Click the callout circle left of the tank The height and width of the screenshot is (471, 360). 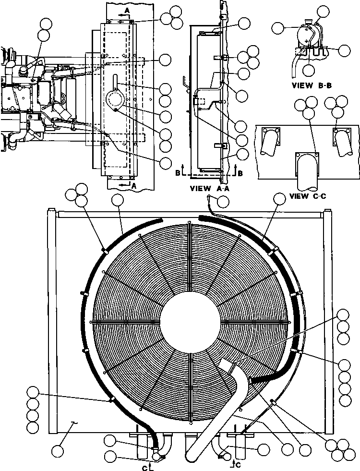pos(278,28)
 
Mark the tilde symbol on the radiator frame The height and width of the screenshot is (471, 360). pos(73,423)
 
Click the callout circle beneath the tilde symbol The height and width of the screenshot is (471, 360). pos(58,451)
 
